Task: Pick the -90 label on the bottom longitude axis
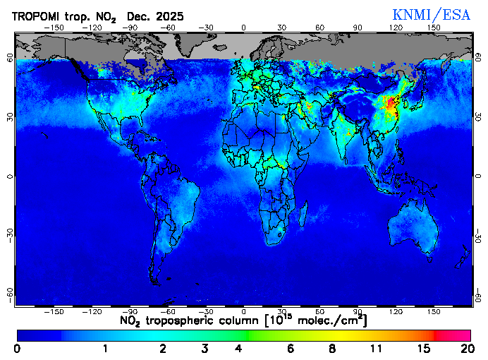tap(130, 311)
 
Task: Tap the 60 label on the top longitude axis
tap(319, 28)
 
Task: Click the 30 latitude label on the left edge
tap(10, 116)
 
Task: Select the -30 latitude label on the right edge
tap(478, 234)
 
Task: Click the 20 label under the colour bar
tap(465, 349)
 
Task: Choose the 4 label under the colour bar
tap(239, 349)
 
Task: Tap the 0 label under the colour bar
tap(17, 349)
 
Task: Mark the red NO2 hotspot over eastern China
tap(390, 106)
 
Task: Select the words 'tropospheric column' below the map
tap(205, 321)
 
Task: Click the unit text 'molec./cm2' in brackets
tap(327, 321)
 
